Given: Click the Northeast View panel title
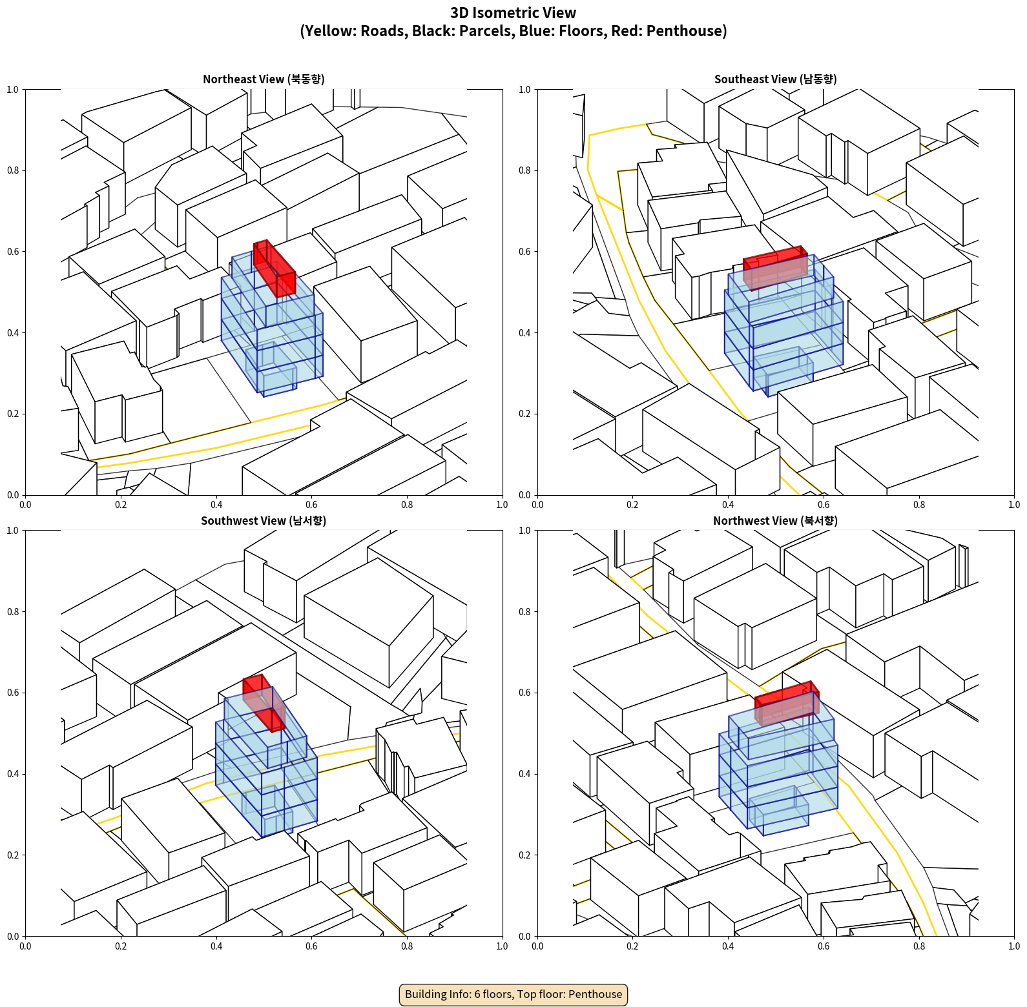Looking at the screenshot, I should coord(264,79).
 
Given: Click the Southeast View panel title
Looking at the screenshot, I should coord(775,79).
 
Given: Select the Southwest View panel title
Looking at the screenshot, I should coord(264,521).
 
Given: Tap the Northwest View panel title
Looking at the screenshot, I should coord(775,521).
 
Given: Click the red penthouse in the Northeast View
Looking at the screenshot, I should coord(275,269).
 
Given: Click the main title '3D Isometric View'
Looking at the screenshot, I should coord(513,13).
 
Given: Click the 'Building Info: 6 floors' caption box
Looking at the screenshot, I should coord(513,994).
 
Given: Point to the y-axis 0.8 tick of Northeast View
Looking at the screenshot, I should coord(13,170).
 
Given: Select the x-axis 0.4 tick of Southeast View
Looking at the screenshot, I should coord(728,505).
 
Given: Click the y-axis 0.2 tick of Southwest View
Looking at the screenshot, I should coord(13,855).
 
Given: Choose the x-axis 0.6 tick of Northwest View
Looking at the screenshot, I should coord(824,946).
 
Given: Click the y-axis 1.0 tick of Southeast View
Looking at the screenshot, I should coord(524,90).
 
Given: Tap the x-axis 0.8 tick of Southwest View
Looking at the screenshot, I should coord(407,946).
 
